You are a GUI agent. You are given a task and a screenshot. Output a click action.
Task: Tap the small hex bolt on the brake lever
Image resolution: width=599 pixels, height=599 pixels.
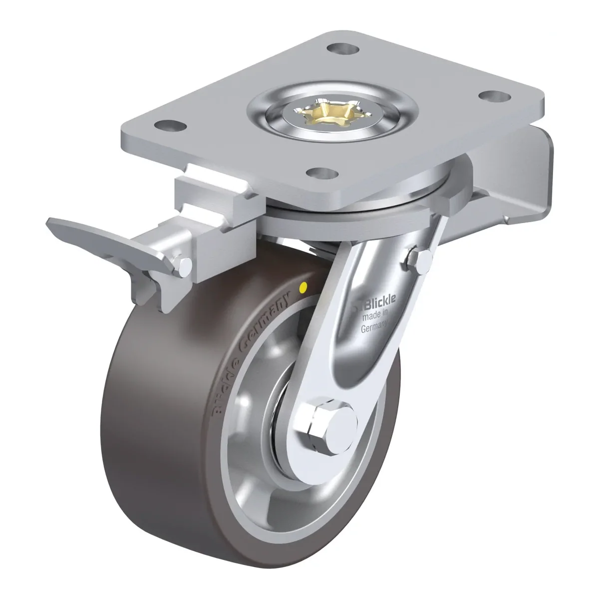click(x=183, y=266)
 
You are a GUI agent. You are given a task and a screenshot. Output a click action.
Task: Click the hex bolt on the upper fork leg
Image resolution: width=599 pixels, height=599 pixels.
click(x=420, y=259)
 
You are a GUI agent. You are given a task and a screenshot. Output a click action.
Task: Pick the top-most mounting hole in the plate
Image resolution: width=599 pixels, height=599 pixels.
click(x=343, y=49)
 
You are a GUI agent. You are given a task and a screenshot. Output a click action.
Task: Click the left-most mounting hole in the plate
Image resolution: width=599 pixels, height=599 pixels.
click(x=170, y=126)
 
